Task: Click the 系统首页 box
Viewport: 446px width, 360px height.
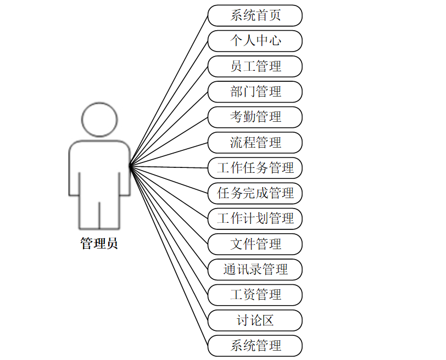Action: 255,15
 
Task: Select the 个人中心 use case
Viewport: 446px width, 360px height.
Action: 255,41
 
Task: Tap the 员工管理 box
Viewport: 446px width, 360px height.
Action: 255,66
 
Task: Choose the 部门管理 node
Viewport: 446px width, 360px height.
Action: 255,92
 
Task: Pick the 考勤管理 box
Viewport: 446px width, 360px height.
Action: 255,117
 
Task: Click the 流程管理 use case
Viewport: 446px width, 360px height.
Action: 255,143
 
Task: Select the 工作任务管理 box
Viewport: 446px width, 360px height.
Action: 255,168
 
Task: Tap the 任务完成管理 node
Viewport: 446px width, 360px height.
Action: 255,193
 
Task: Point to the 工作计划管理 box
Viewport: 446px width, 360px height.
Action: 255,218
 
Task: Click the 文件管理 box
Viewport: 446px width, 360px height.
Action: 255,244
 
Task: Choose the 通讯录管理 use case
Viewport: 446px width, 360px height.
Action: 255,269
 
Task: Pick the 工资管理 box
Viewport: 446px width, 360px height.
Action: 255,295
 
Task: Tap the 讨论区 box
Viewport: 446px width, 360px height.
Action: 255,320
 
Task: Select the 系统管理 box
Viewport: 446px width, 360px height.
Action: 255,345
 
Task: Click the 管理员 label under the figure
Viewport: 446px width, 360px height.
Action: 99,244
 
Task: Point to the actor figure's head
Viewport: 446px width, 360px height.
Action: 99,119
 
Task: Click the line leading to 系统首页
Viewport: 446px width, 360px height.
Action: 168,91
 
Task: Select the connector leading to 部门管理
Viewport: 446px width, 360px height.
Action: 168,128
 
